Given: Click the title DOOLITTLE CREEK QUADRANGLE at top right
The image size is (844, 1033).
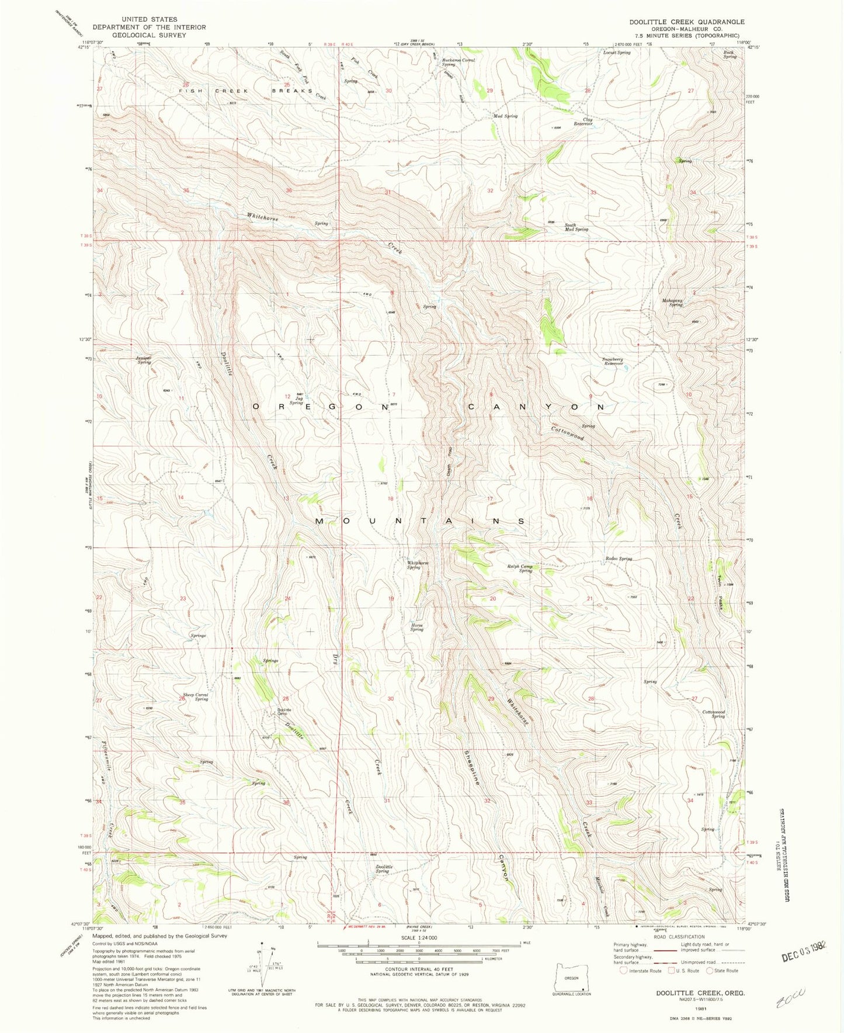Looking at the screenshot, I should point(686,22).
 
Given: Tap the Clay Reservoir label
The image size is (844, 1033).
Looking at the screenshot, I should point(583,122).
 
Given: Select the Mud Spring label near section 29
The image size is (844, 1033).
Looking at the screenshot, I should point(505,116).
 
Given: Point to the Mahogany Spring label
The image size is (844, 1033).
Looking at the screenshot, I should point(672,303).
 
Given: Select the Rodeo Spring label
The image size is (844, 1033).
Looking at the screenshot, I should point(619,559).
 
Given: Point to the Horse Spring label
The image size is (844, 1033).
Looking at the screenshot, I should point(416,627).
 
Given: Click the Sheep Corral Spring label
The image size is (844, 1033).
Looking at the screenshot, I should point(195,697).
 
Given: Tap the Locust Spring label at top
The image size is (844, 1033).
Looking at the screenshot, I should point(617,53).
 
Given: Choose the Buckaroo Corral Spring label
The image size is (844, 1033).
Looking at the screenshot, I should point(459,62).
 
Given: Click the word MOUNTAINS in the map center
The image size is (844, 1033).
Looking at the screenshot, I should point(420,521).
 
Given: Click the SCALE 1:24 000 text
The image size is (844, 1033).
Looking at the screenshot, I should point(418,937).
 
